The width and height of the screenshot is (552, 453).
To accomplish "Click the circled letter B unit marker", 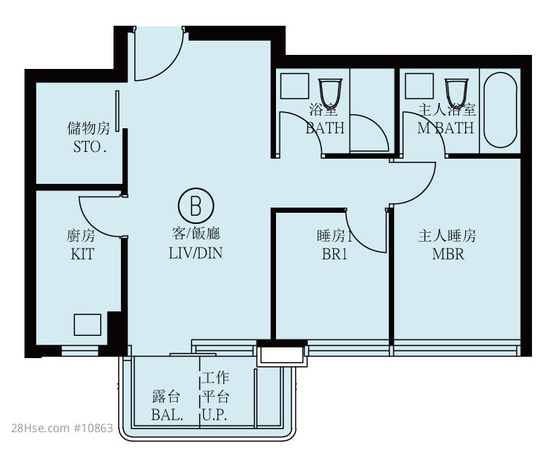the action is (x=196, y=206).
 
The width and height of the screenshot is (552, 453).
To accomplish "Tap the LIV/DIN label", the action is (x=196, y=253).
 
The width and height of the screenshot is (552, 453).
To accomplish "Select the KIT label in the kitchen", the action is (x=82, y=254).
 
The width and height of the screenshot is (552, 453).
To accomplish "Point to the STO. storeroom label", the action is (x=90, y=147).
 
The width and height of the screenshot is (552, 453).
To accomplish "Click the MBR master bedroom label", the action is (x=448, y=254).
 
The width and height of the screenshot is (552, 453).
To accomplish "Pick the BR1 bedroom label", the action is (x=335, y=254).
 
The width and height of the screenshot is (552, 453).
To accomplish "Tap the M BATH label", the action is (x=446, y=128).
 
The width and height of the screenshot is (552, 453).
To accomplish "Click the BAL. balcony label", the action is (x=167, y=415).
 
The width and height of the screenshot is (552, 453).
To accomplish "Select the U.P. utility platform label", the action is (x=214, y=415).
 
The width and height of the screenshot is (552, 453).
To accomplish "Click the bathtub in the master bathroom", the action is (x=501, y=110).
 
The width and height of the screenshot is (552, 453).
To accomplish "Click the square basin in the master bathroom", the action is (x=419, y=86).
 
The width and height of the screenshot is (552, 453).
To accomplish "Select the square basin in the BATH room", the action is (x=295, y=86).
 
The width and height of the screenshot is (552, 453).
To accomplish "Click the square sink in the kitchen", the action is (x=88, y=325).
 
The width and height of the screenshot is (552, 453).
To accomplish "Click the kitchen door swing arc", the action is (x=91, y=225).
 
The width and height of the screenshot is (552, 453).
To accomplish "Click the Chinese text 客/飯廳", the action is (x=196, y=234).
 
